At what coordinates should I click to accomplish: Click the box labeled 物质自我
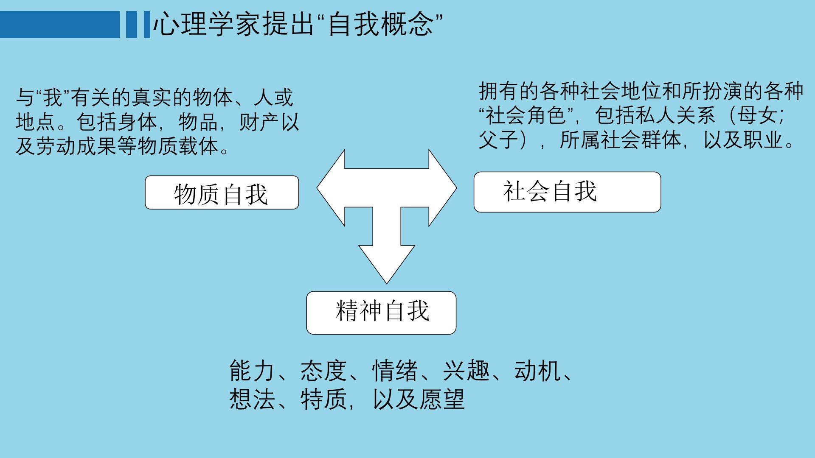(222, 193)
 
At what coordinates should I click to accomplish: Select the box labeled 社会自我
(567, 192)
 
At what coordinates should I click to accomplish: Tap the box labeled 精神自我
(381, 313)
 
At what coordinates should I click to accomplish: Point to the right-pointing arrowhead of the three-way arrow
(442, 187)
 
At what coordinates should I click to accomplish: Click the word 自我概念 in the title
(380, 25)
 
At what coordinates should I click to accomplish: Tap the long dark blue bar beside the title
(59, 25)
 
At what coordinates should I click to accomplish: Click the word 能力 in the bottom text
(251, 370)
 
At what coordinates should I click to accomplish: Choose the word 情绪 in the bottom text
(395, 370)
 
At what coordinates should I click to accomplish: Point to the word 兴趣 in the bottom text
(466, 370)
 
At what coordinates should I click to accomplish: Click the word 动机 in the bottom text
(537, 370)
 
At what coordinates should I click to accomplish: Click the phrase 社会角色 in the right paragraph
(526, 115)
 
